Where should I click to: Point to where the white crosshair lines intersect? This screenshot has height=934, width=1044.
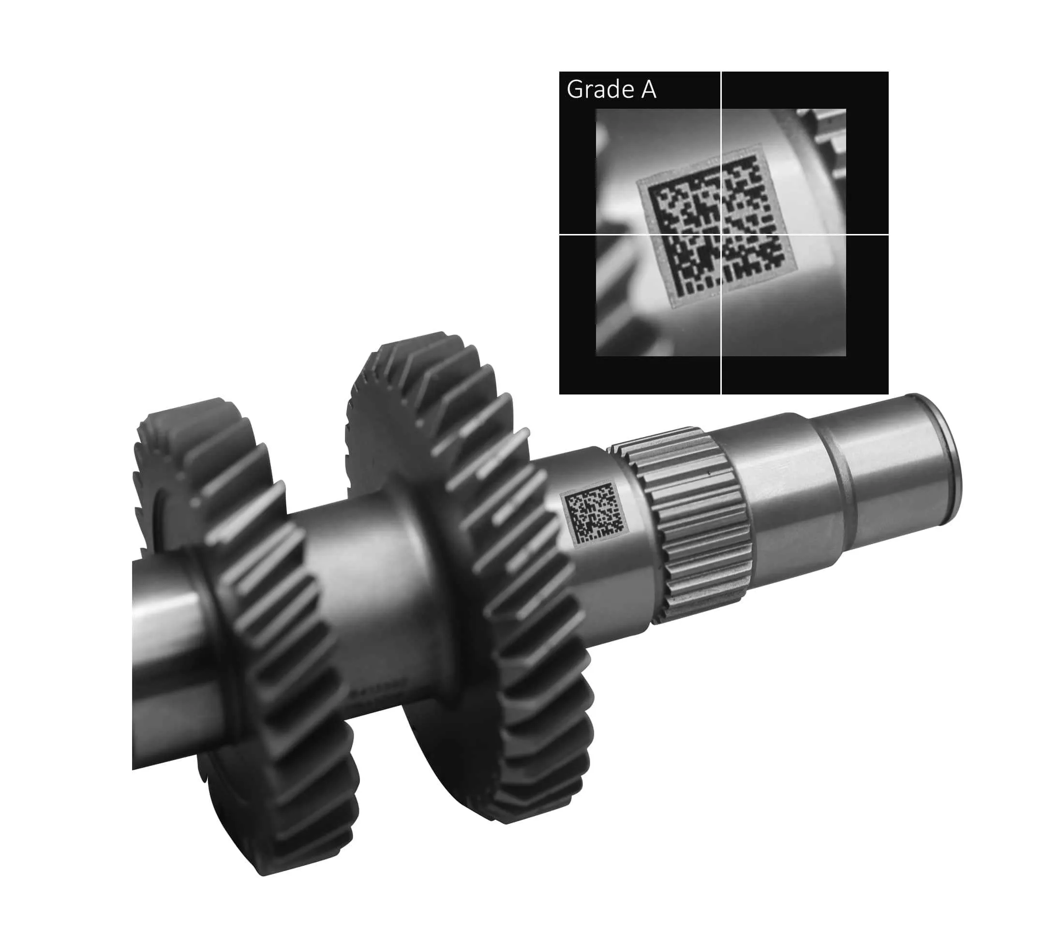tap(721, 234)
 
